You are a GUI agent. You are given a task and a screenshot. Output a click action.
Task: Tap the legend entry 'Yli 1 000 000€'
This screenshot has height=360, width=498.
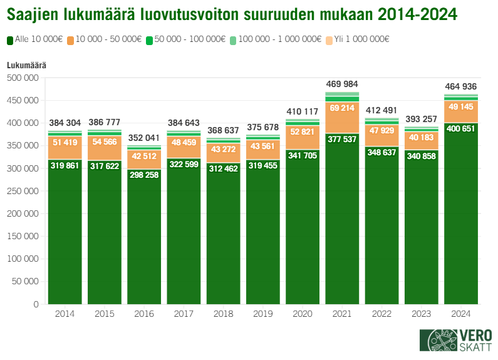point(362,39)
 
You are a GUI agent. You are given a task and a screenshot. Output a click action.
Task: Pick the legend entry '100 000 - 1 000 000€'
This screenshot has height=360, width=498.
point(281,39)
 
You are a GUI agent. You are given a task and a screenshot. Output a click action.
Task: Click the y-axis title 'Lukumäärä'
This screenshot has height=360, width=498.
point(26,65)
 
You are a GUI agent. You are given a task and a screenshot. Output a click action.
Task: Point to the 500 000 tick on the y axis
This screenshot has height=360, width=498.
point(23,78)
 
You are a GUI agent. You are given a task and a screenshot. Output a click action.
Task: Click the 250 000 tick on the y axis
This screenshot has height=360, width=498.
point(23,191)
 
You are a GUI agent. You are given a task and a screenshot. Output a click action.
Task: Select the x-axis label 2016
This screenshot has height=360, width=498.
point(144,314)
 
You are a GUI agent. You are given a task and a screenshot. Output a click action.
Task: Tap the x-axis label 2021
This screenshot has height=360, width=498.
point(342,314)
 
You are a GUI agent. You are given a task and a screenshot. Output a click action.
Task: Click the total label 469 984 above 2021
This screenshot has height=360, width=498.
point(342,85)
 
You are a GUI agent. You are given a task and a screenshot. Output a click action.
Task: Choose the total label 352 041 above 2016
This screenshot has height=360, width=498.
point(144,138)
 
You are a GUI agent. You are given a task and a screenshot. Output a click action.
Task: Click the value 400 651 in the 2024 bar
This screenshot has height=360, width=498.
point(461,128)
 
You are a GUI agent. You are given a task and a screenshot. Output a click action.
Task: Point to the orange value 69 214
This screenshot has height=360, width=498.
point(342,108)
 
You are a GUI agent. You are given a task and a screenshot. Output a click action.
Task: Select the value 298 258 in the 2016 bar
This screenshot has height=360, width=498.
point(144,175)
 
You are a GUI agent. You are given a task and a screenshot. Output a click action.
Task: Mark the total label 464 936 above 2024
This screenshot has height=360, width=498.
point(461,86)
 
